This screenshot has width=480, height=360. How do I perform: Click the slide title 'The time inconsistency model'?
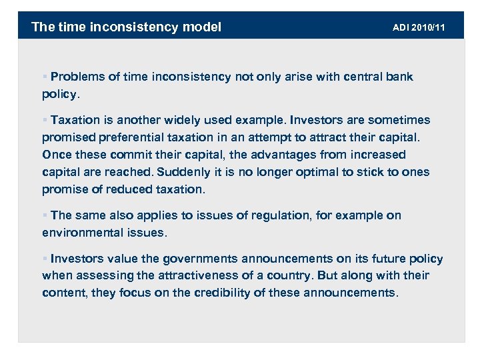click(126, 27)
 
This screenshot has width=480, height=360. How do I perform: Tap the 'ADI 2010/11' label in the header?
click(419, 27)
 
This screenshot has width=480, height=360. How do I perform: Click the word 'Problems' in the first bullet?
click(77, 77)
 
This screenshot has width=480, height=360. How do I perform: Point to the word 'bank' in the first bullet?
click(400, 77)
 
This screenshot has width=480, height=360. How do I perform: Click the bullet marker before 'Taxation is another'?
click(45, 120)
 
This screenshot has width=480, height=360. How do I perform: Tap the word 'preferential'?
click(141, 137)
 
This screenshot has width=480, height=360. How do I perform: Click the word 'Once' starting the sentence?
click(55, 155)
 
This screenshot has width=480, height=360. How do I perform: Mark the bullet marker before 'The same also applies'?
click(45, 215)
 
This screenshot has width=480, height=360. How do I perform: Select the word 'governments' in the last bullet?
click(195, 259)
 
